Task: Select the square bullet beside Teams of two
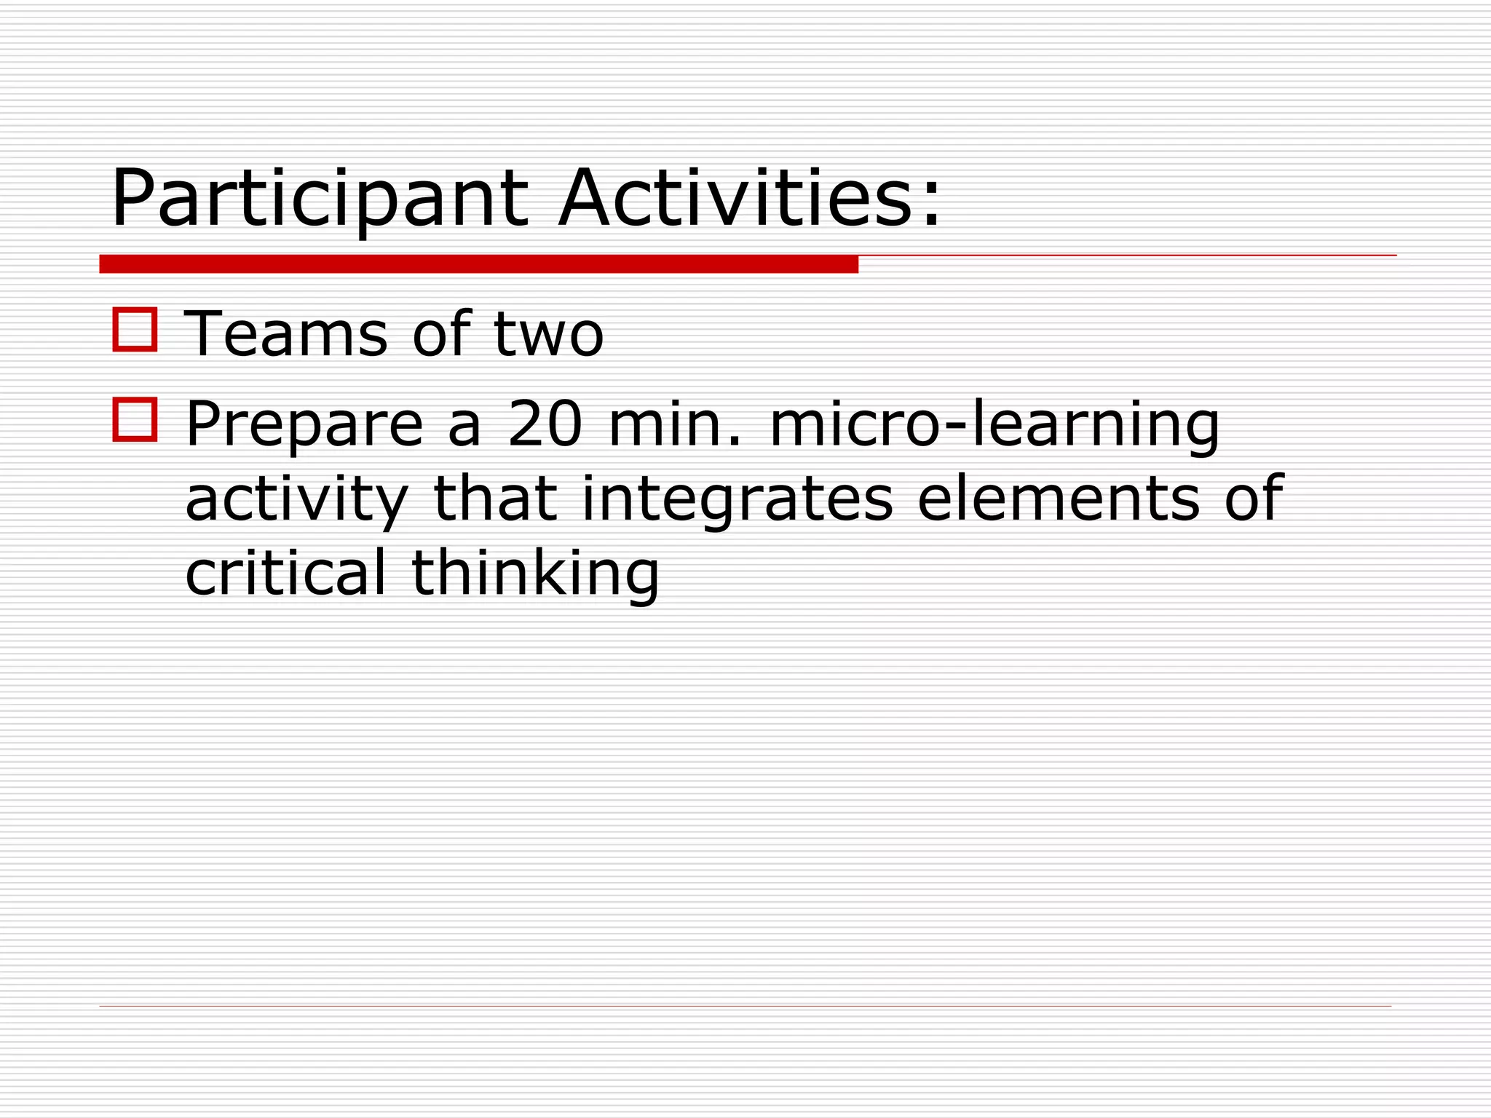click(135, 330)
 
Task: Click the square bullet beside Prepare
click(135, 419)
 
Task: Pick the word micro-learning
click(994, 425)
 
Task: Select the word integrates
click(737, 501)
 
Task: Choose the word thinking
click(535, 575)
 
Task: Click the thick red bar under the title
click(478, 264)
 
